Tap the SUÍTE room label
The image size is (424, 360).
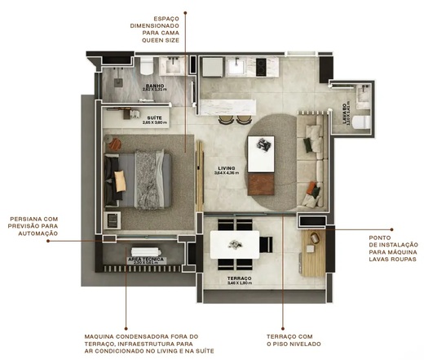[152, 119]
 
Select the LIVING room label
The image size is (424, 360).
[225, 170]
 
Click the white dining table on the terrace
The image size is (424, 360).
[235, 244]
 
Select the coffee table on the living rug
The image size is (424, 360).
[263, 153]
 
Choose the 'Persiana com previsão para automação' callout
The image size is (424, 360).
[33, 226]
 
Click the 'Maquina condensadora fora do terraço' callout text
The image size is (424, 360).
[141, 344]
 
